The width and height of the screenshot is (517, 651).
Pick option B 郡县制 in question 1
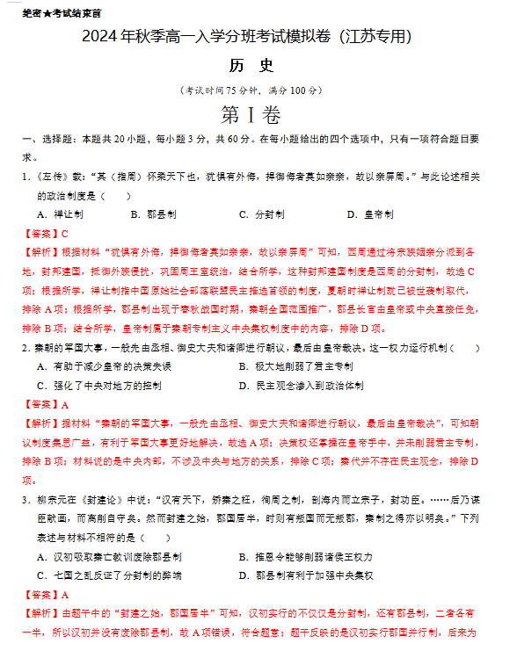point(154,214)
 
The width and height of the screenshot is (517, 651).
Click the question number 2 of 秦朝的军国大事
point(25,348)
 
